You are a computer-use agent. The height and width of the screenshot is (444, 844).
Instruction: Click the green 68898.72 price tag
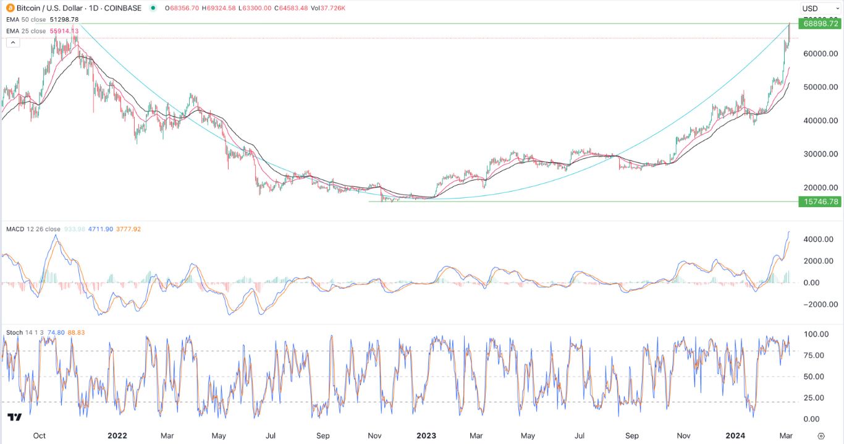tap(819, 23)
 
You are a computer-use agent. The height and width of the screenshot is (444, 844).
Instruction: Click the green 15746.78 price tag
tap(819, 202)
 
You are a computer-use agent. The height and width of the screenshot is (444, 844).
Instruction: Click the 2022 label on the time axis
tap(117, 435)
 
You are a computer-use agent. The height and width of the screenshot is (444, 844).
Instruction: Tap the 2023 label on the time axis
tap(426, 435)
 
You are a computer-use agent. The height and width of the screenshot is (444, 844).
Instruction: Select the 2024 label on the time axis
tap(735, 435)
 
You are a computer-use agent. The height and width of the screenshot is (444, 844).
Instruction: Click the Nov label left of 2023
tap(374, 435)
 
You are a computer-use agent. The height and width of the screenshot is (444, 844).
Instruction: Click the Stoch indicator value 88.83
tap(77, 333)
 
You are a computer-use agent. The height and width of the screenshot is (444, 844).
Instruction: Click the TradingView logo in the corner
tap(15, 418)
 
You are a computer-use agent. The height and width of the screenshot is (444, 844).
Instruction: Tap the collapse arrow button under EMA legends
tap(12, 42)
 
